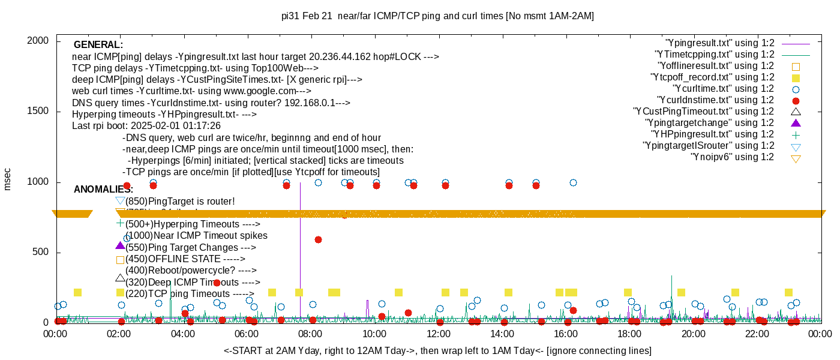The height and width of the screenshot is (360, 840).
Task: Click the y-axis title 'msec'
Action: pos(8,179)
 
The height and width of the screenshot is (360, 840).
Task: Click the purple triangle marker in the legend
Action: pos(796,123)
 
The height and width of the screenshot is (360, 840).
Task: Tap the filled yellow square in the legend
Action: pos(796,78)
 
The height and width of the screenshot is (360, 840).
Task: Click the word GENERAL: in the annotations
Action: pos(98,45)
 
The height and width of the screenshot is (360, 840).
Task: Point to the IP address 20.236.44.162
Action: pos(349,57)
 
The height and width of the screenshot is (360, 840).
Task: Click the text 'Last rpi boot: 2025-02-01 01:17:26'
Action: pos(146,126)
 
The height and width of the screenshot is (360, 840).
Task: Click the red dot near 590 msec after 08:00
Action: pos(318,239)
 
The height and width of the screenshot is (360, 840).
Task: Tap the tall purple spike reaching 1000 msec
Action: pos(300,240)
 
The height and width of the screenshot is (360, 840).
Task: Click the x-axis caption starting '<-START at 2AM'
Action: pos(437,350)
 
